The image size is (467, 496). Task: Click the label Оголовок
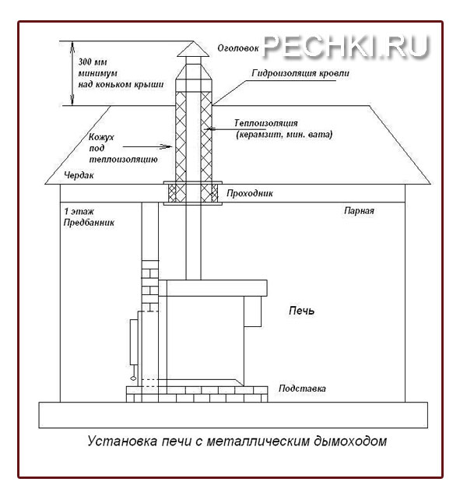pyautogui.click(x=236, y=47)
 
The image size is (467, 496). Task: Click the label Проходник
pyautogui.click(x=249, y=192)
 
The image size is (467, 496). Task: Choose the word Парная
pyautogui.click(x=360, y=211)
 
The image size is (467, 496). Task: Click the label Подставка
pyautogui.click(x=300, y=388)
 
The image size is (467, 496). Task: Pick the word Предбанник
pyautogui.click(x=89, y=223)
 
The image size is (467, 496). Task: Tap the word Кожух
pyautogui.click(x=101, y=137)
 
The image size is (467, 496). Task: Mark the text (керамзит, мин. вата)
pyautogui.click(x=284, y=135)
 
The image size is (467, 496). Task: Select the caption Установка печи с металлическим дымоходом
pyautogui.click(x=237, y=441)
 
